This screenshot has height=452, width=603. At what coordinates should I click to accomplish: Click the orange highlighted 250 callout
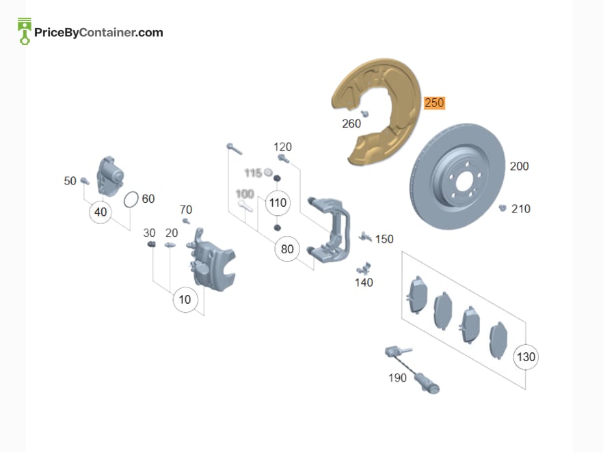pos(435,103)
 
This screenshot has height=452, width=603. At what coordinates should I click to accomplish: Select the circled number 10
pos(185,300)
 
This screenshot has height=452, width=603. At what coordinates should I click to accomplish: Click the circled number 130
pos(526,357)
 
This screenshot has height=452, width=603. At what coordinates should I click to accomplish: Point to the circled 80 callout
pos(287,249)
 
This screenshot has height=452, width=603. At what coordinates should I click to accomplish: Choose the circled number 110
pos(278,202)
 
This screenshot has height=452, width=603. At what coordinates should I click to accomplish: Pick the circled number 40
pos(100,212)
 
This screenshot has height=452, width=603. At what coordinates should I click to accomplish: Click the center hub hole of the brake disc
pos(464,180)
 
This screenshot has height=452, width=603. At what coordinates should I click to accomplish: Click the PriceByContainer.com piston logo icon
pos(25,31)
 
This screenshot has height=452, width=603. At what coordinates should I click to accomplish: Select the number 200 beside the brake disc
pos(519,167)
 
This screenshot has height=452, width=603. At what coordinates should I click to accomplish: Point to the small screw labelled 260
pos(364,113)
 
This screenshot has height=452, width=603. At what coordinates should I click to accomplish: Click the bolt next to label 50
pos(85,181)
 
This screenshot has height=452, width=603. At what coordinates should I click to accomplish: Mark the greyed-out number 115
pos(253,173)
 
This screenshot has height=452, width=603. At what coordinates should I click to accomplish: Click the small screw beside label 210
pos(502,208)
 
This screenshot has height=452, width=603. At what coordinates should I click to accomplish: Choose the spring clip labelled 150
pos(365,237)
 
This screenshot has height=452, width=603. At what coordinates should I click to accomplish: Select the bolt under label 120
pos(284,158)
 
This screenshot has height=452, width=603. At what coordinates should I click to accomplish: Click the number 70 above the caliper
pos(186,210)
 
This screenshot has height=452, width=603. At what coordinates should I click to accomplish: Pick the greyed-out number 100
pos(245,193)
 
